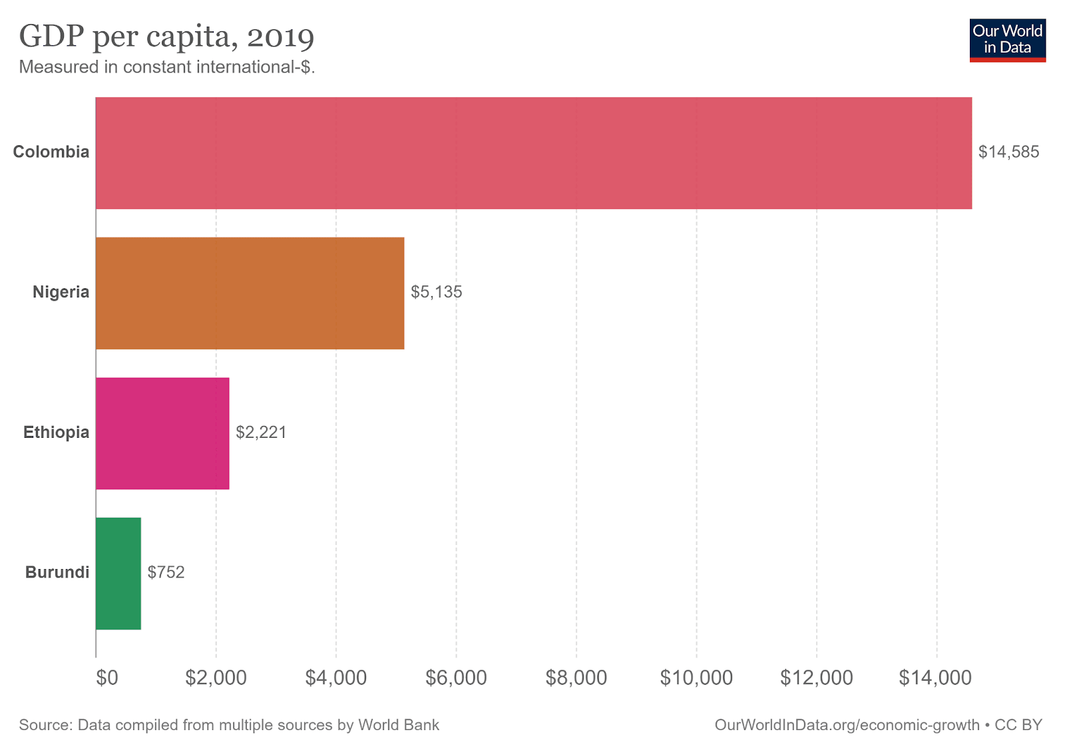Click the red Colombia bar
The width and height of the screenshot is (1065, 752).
(532, 153)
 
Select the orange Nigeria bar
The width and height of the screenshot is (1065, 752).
(250, 293)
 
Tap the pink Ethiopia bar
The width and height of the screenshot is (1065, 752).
(162, 433)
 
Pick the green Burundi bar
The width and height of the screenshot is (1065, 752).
(118, 573)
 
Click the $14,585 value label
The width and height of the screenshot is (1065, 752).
(1008, 152)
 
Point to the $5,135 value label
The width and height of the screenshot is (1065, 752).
(436, 292)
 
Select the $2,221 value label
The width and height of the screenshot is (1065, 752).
(261, 433)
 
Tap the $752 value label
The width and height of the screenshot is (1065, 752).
(166, 572)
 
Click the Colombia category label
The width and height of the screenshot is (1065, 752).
(51, 152)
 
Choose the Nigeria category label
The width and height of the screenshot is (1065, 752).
(61, 292)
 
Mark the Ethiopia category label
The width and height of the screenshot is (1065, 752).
(56, 433)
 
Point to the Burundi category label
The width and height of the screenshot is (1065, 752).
(57, 572)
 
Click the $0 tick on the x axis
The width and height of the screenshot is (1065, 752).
(106, 678)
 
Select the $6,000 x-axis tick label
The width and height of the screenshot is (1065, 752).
(456, 678)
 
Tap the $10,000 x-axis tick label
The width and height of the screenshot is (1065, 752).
(696, 678)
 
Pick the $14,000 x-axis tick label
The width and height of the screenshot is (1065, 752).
(935, 678)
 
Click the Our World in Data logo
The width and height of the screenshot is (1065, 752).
(1007, 40)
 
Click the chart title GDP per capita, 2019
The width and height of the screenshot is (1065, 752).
(166, 36)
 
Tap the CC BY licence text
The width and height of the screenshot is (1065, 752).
(1018, 725)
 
